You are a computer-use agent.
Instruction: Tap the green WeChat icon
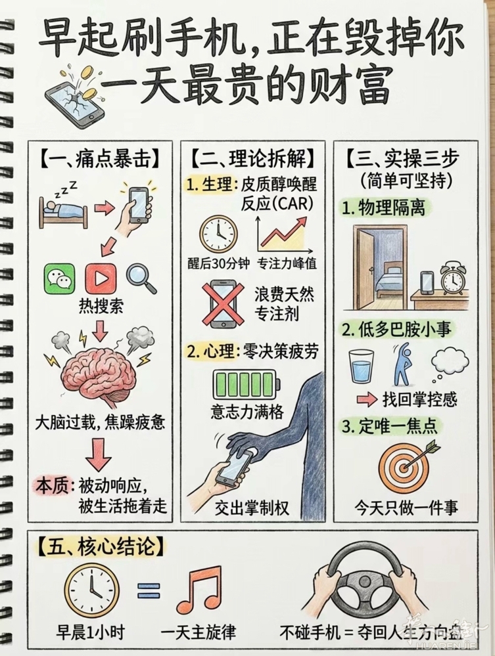tap(59, 278)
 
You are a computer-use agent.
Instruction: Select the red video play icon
tap(101, 278)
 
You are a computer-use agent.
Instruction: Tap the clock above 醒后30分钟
tap(218, 234)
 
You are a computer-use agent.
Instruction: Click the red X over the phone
tap(222, 303)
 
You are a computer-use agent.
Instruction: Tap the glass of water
tap(362, 366)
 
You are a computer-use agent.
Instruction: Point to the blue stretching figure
tap(403, 364)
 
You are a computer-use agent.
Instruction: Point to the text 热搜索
tap(101, 307)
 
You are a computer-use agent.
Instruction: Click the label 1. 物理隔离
tap(383, 208)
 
